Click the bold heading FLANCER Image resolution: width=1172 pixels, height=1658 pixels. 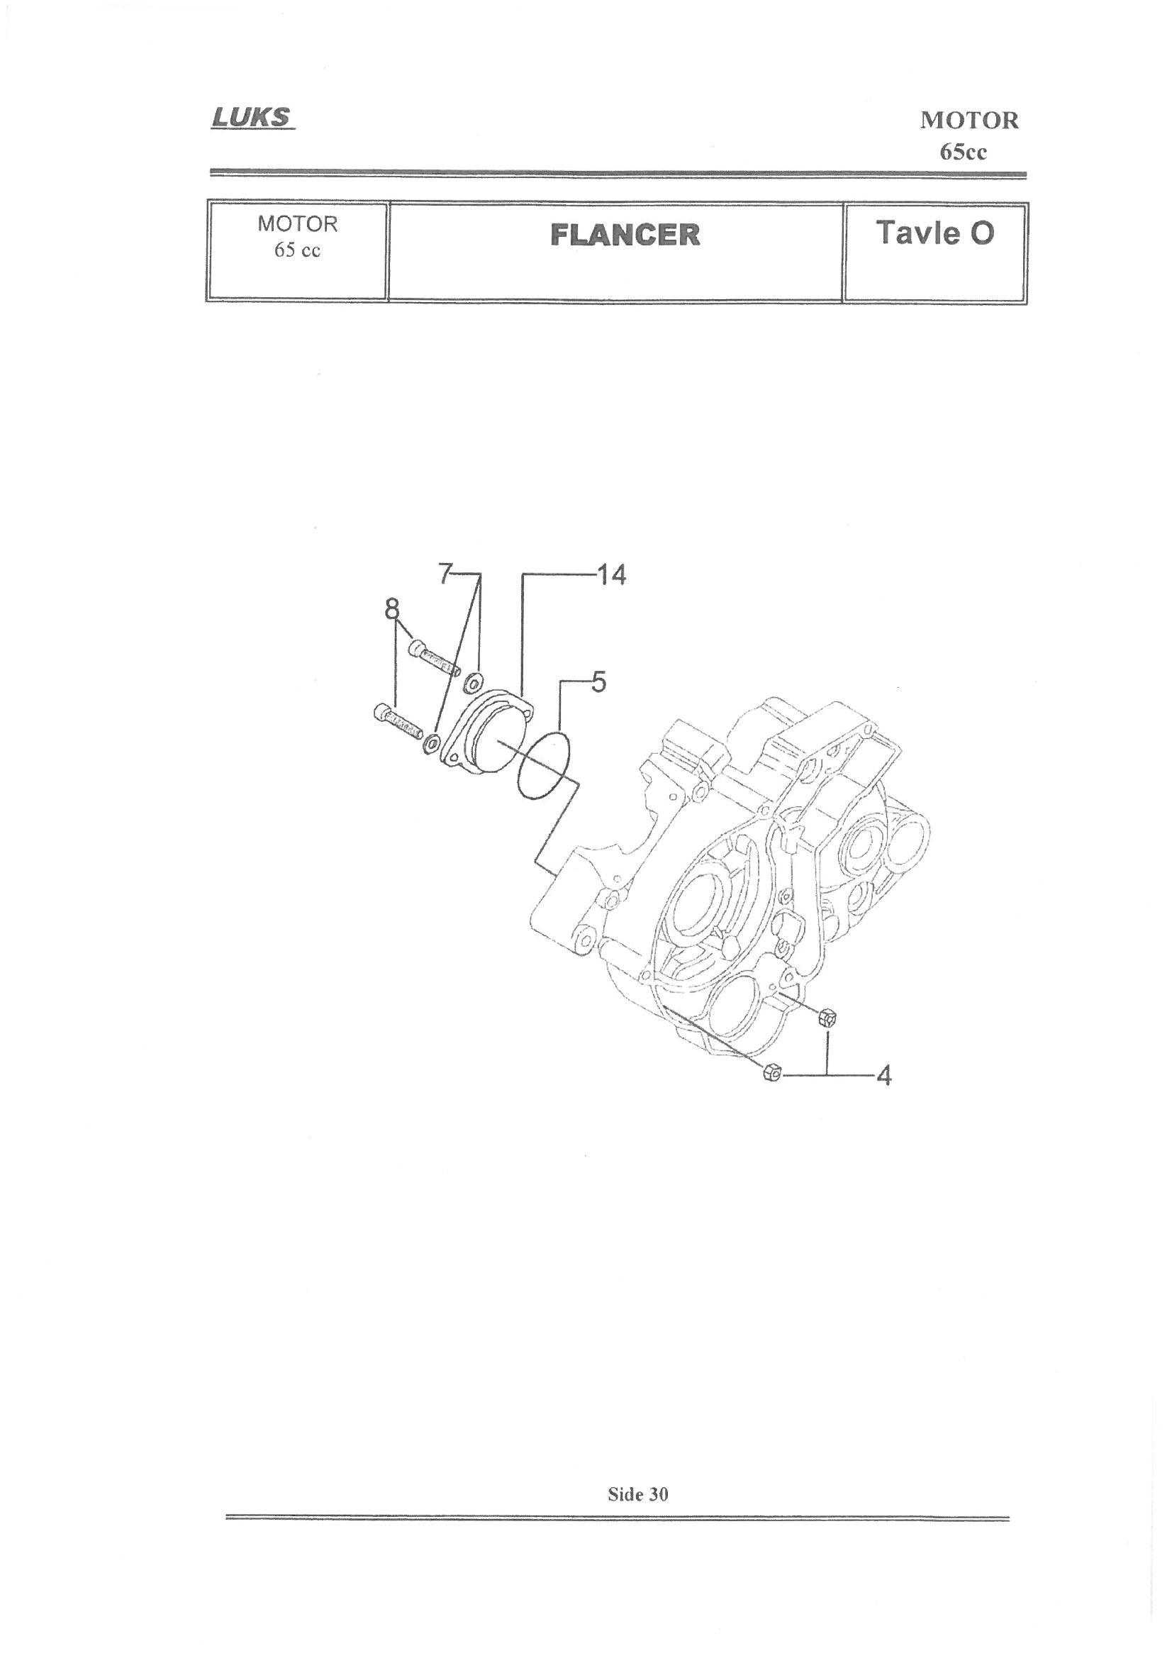pyautogui.click(x=625, y=235)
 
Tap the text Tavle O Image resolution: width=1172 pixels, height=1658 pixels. pyautogui.click(x=934, y=233)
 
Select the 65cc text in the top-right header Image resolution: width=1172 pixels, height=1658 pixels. pyautogui.click(x=964, y=152)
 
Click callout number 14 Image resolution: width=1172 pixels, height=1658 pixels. pyautogui.click(x=612, y=577)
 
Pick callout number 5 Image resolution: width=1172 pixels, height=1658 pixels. pyautogui.click(x=598, y=681)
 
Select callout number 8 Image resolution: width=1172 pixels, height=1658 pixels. pyautogui.click(x=392, y=609)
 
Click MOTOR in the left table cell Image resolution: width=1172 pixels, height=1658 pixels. pyautogui.click(x=298, y=224)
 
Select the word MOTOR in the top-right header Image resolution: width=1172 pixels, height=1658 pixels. pyautogui.click(x=969, y=121)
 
